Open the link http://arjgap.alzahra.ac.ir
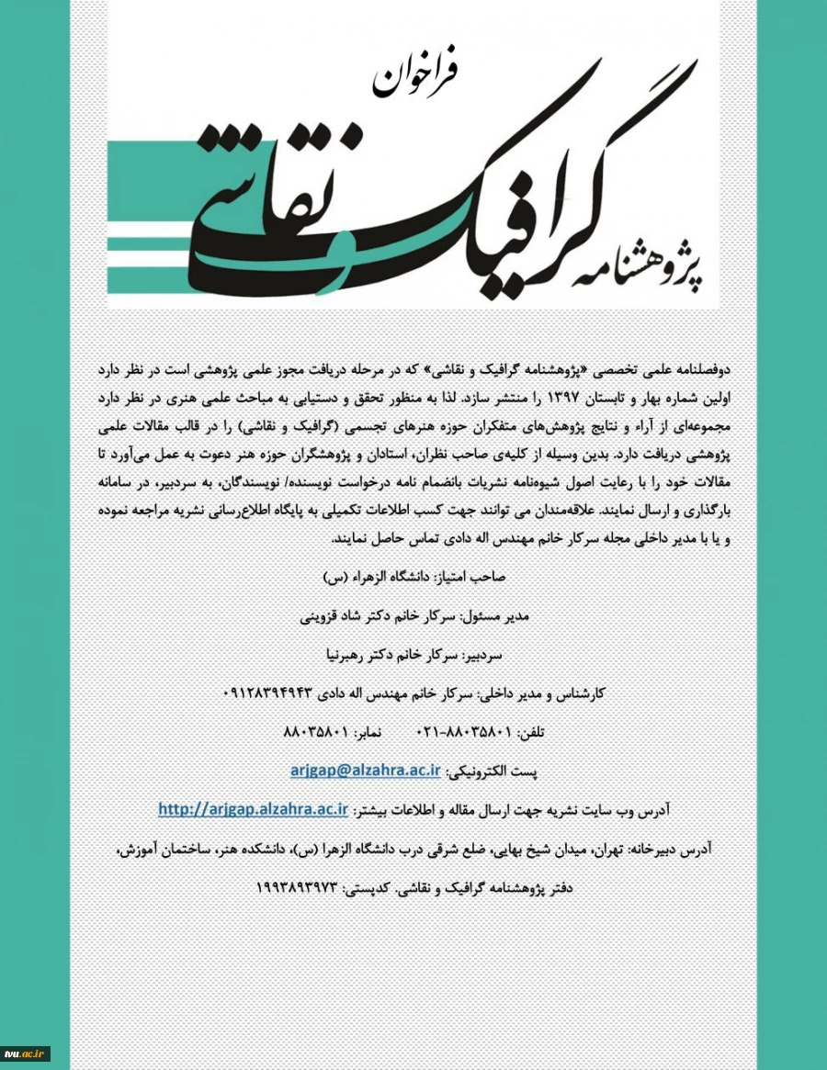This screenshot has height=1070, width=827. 253,809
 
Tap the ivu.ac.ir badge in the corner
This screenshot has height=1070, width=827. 25,1053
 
